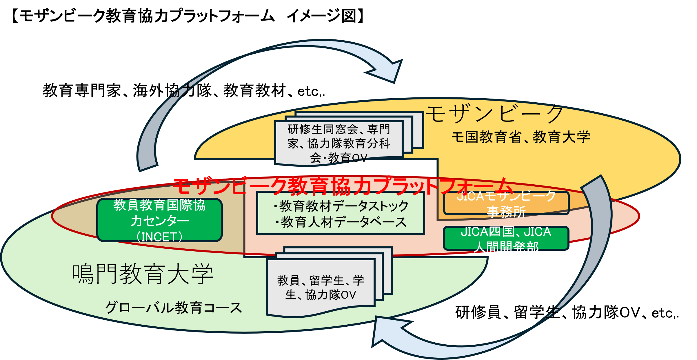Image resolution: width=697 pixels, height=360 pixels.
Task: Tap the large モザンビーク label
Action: click(x=494, y=114)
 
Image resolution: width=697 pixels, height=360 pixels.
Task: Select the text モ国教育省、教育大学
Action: click(x=521, y=137)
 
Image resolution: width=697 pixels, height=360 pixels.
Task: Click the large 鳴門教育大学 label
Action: click(x=143, y=274)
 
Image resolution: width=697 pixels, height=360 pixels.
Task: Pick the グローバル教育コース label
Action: click(x=173, y=308)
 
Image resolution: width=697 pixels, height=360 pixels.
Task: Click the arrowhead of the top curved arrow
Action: click(x=390, y=71)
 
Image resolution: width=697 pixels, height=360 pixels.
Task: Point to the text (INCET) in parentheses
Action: click(x=159, y=237)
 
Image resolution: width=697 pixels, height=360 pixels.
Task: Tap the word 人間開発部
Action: click(x=506, y=247)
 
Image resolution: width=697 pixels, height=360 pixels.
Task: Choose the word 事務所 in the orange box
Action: click(x=506, y=212)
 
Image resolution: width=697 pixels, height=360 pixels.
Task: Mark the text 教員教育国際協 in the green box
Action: click(x=159, y=205)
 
